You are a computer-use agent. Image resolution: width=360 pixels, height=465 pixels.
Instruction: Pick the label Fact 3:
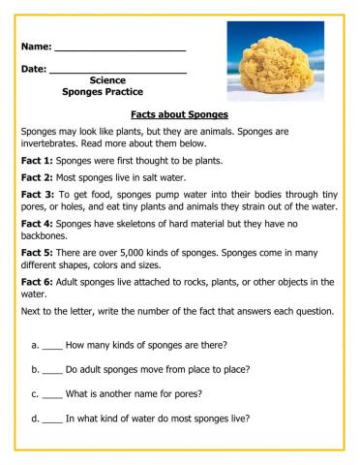click(37, 194)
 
